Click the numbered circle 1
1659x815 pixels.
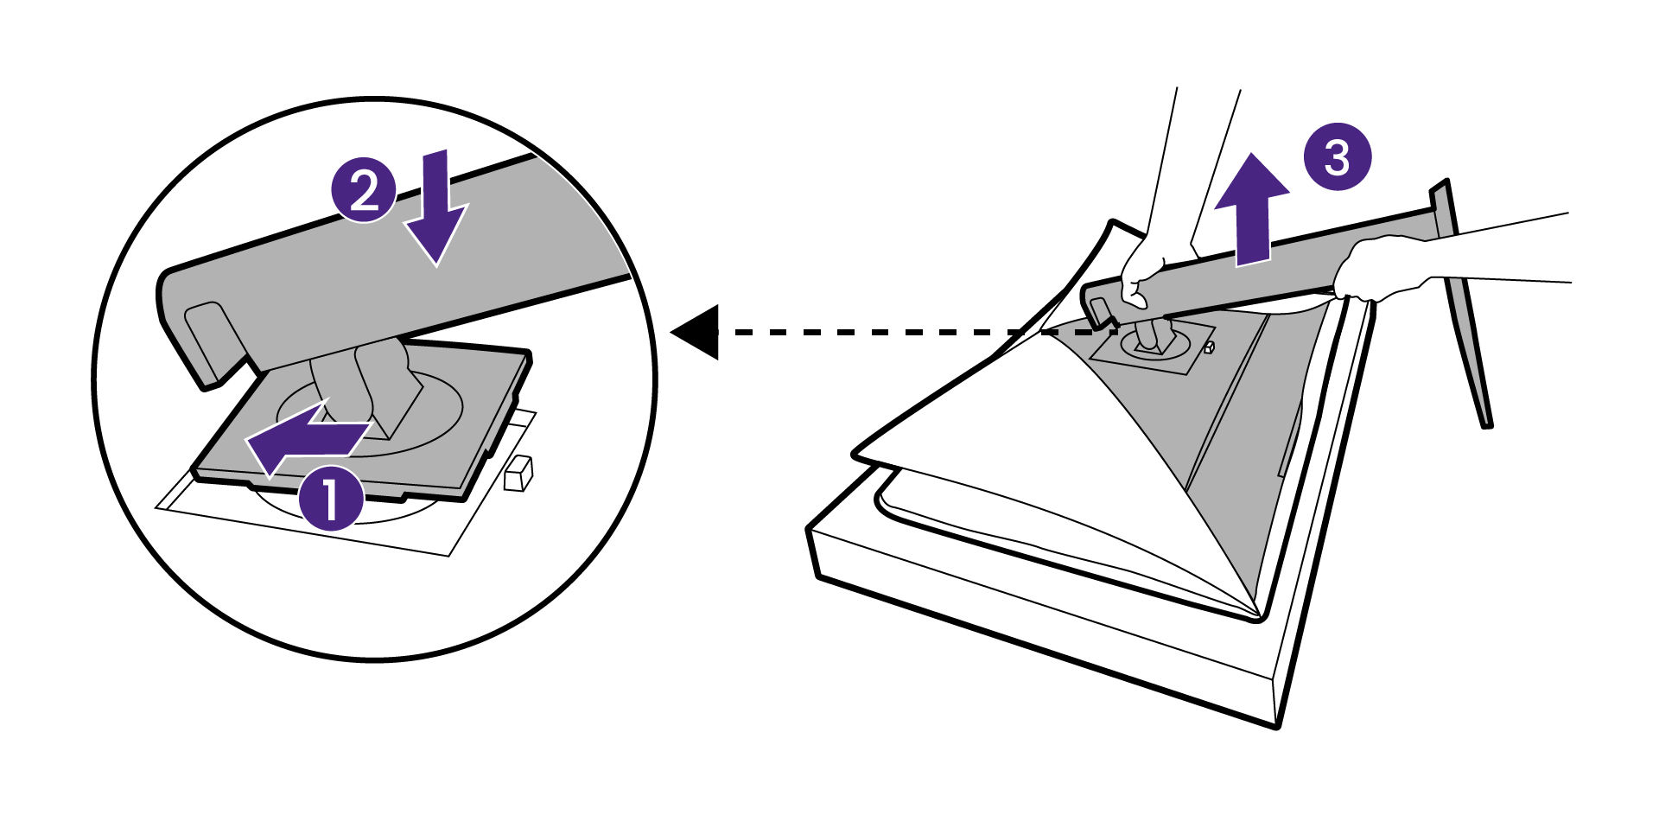(x=331, y=498)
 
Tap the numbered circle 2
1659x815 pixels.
(x=365, y=191)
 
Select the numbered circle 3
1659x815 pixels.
(x=1337, y=158)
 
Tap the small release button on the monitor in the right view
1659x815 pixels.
(x=1209, y=348)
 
